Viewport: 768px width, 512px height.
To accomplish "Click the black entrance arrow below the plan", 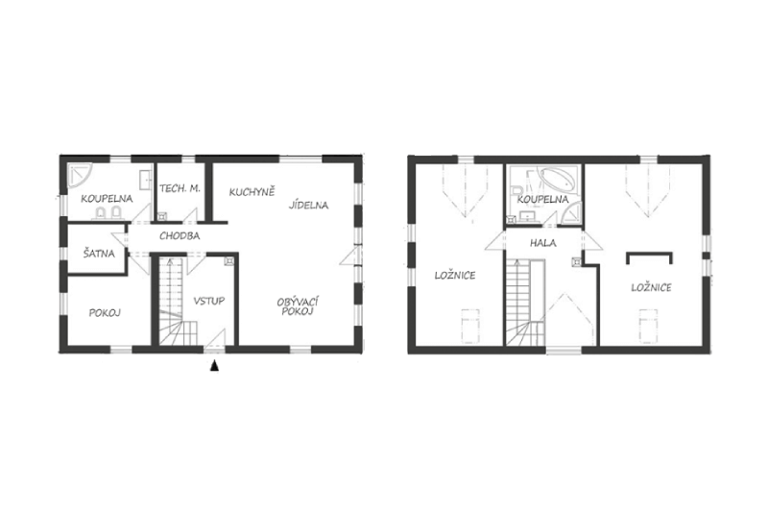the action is (x=214, y=365).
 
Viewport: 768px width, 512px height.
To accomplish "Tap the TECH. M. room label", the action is (x=180, y=188).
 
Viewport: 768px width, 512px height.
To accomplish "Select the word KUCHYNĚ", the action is (x=252, y=192).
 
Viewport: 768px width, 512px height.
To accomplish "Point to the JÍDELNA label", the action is (x=308, y=205).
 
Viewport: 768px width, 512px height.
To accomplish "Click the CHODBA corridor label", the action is (x=180, y=236).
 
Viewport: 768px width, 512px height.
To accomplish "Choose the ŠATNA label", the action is (x=99, y=253).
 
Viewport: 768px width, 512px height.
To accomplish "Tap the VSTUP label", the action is (x=209, y=301).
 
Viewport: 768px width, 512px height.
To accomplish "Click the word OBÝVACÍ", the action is (x=298, y=302).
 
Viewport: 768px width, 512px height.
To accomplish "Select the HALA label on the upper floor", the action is (x=543, y=242).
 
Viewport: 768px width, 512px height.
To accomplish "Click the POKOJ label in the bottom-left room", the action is (x=105, y=313).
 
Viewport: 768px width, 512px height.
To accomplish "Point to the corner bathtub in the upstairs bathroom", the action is (x=559, y=180).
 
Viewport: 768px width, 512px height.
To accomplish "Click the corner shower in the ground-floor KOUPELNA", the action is (x=79, y=176).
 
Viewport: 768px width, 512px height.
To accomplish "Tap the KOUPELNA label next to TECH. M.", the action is (x=107, y=199).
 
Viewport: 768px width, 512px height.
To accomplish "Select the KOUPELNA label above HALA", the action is (x=543, y=200).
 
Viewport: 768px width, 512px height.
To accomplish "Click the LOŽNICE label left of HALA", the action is (x=455, y=276).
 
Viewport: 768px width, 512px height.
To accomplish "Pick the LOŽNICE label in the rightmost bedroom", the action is (x=652, y=287).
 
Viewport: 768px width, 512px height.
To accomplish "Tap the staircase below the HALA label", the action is (x=523, y=303).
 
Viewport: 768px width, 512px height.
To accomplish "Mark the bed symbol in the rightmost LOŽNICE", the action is (x=648, y=326).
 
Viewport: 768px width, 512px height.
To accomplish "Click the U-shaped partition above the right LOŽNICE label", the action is (x=649, y=254).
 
